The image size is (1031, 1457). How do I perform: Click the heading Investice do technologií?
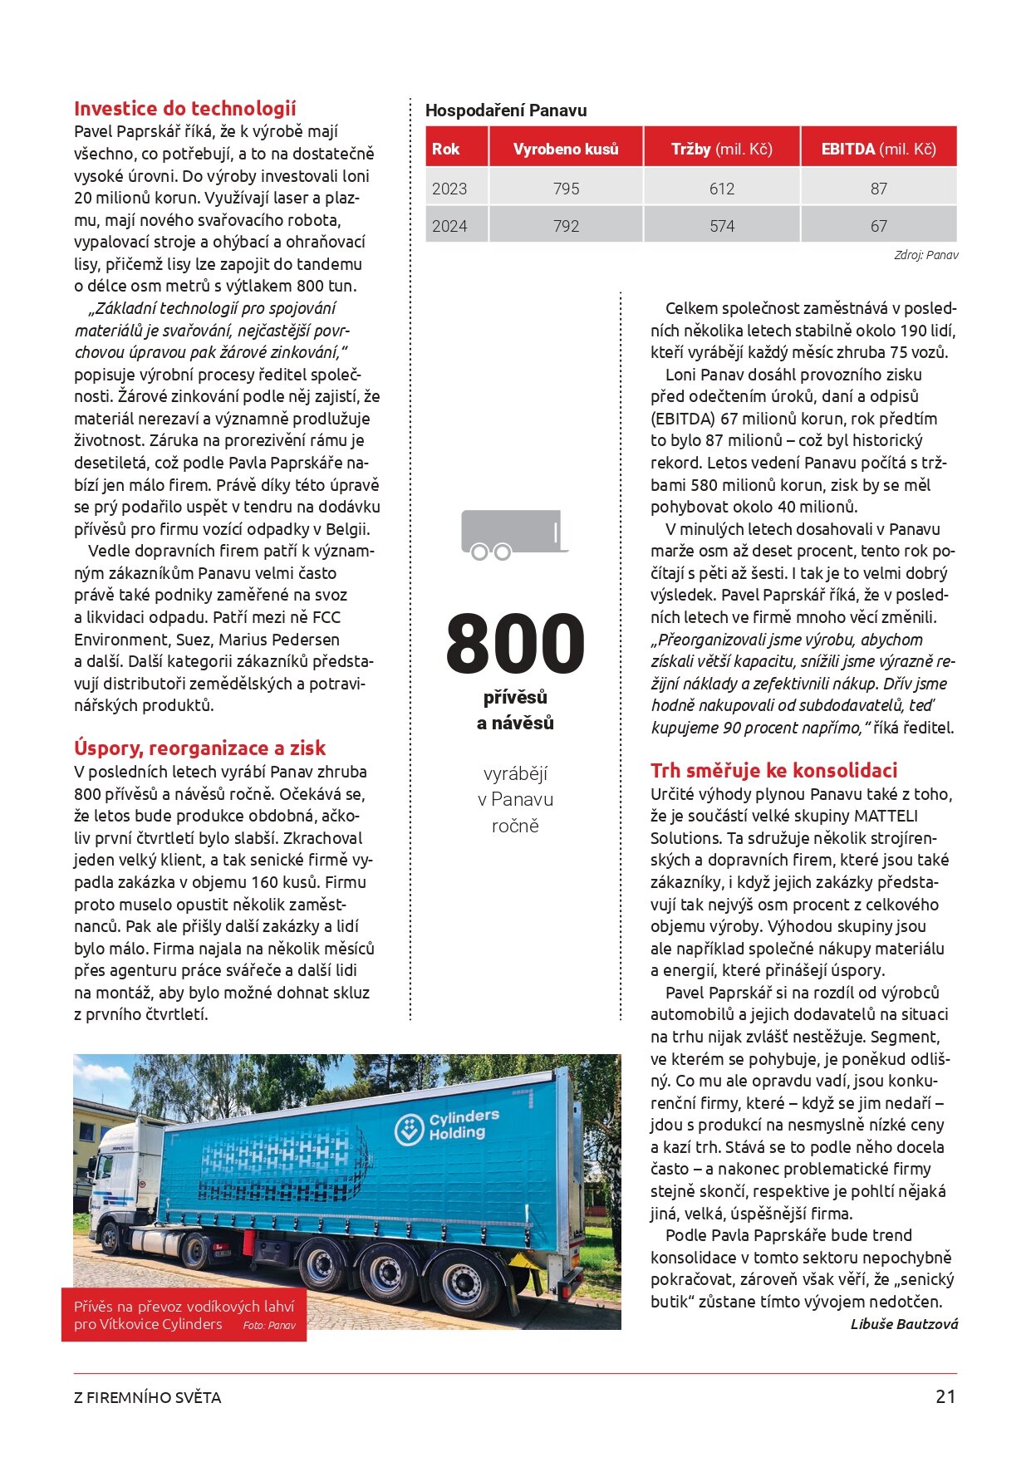coord(184,109)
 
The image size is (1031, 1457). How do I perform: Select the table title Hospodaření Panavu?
coord(506,110)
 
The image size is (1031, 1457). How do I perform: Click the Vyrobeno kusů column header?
coord(566,150)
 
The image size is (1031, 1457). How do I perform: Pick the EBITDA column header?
coord(878,150)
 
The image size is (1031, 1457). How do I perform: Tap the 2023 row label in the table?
coord(449,189)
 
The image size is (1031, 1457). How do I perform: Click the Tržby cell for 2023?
coord(721,189)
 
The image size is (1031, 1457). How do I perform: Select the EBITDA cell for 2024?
coord(878,226)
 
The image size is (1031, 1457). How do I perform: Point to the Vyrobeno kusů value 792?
coord(566,226)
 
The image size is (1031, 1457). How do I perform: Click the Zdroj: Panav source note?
coord(925,255)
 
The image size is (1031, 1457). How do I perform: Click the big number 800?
coord(515,644)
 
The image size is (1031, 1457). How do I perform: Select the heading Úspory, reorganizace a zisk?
coord(199,748)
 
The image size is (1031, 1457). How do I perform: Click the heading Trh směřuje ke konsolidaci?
coord(773,771)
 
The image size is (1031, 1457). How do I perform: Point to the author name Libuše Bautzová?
coord(904,1324)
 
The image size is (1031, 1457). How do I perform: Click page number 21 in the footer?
coord(945,1397)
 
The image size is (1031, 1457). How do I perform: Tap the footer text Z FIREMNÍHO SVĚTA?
coord(147,1398)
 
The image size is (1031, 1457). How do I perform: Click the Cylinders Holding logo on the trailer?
coord(449,1126)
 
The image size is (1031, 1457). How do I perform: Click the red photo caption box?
coord(184,1315)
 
